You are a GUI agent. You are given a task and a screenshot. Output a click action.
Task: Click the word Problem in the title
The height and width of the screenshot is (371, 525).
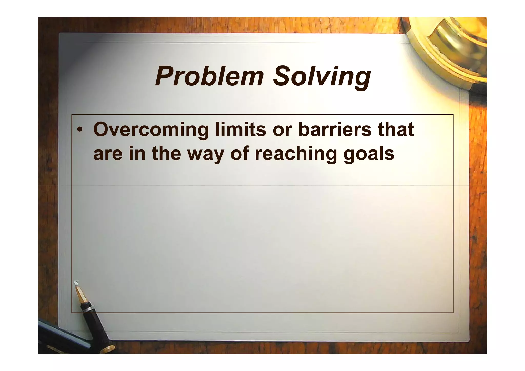209,76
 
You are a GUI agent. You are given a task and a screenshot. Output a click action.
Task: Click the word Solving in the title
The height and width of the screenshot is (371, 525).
322,76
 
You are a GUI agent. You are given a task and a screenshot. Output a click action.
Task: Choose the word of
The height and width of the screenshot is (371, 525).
240,154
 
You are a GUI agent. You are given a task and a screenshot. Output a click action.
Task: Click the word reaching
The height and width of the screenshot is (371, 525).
296,154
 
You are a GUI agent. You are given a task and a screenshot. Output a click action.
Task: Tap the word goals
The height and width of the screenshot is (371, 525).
369,154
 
